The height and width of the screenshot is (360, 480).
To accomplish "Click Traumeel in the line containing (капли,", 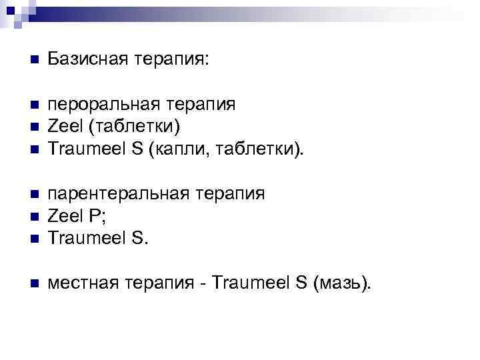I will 87,148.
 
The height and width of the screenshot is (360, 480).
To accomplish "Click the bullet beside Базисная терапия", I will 33,61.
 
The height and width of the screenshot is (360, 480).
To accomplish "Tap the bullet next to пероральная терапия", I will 33,105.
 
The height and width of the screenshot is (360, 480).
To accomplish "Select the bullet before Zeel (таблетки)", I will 33,127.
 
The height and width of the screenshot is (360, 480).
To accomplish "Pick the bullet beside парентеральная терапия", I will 33,194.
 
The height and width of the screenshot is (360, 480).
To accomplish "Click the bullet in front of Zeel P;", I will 33,215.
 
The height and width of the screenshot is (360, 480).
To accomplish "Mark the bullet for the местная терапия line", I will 33,285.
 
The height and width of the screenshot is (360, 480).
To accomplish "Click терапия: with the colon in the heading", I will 173,61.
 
